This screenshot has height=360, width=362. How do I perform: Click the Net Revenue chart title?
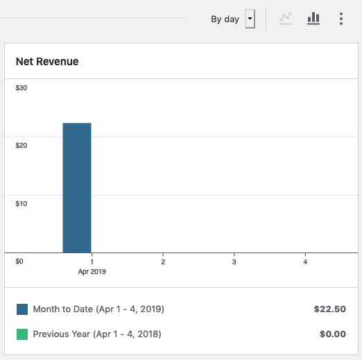click(47, 62)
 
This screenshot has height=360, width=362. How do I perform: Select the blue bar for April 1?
click(77, 187)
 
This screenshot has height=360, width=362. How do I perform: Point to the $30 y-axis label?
click(21, 87)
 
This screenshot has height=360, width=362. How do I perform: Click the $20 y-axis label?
click(21, 145)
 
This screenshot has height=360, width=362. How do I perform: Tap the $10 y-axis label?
click(21, 203)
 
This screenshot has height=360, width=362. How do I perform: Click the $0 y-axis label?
click(19, 262)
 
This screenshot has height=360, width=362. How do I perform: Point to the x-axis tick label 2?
click(163, 262)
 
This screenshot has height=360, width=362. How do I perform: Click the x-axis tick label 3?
click(234, 262)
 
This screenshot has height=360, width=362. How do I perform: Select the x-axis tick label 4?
click(305, 262)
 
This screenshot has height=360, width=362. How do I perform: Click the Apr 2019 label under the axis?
click(92, 272)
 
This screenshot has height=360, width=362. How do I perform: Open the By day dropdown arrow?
click(250, 19)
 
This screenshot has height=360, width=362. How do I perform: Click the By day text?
click(225, 19)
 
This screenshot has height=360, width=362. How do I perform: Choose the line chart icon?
click(285, 19)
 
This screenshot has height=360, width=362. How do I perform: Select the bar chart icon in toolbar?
click(313, 19)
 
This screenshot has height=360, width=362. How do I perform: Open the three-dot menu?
click(341, 19)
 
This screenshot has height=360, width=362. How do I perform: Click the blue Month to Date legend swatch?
click(22, 309)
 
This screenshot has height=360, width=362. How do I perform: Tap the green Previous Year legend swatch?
click(22, 334)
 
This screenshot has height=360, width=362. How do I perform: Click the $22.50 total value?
click(329, 309)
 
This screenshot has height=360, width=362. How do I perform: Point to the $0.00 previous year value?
click(332, 334)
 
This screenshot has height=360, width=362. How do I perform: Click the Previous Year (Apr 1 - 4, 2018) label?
click(97, 334)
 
